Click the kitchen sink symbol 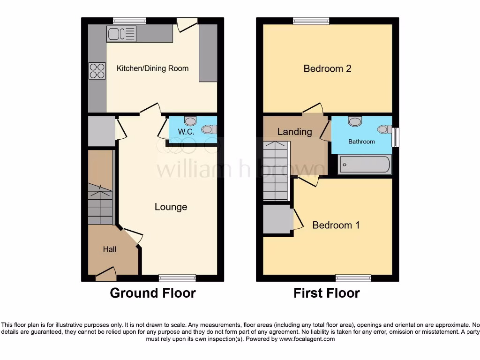pos(121,34)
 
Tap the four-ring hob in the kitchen pos(97,71)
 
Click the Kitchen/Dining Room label pos(152,68)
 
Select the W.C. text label pos(186,132)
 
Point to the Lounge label pos(171,207)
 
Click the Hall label pos(110,249)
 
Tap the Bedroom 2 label pos(327,68)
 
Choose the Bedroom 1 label pos(336,225)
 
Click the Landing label pos(294,132)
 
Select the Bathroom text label pos(361,142)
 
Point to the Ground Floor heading pos(152,293)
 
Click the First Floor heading pos(326,293)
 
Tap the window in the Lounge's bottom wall pos(177,278)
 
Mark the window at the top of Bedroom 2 pos(311,21)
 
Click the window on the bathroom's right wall pos(395,137)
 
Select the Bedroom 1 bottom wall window pos(353,278)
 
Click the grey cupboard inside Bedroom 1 pos(277,219)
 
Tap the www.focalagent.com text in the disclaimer pos(307,339)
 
